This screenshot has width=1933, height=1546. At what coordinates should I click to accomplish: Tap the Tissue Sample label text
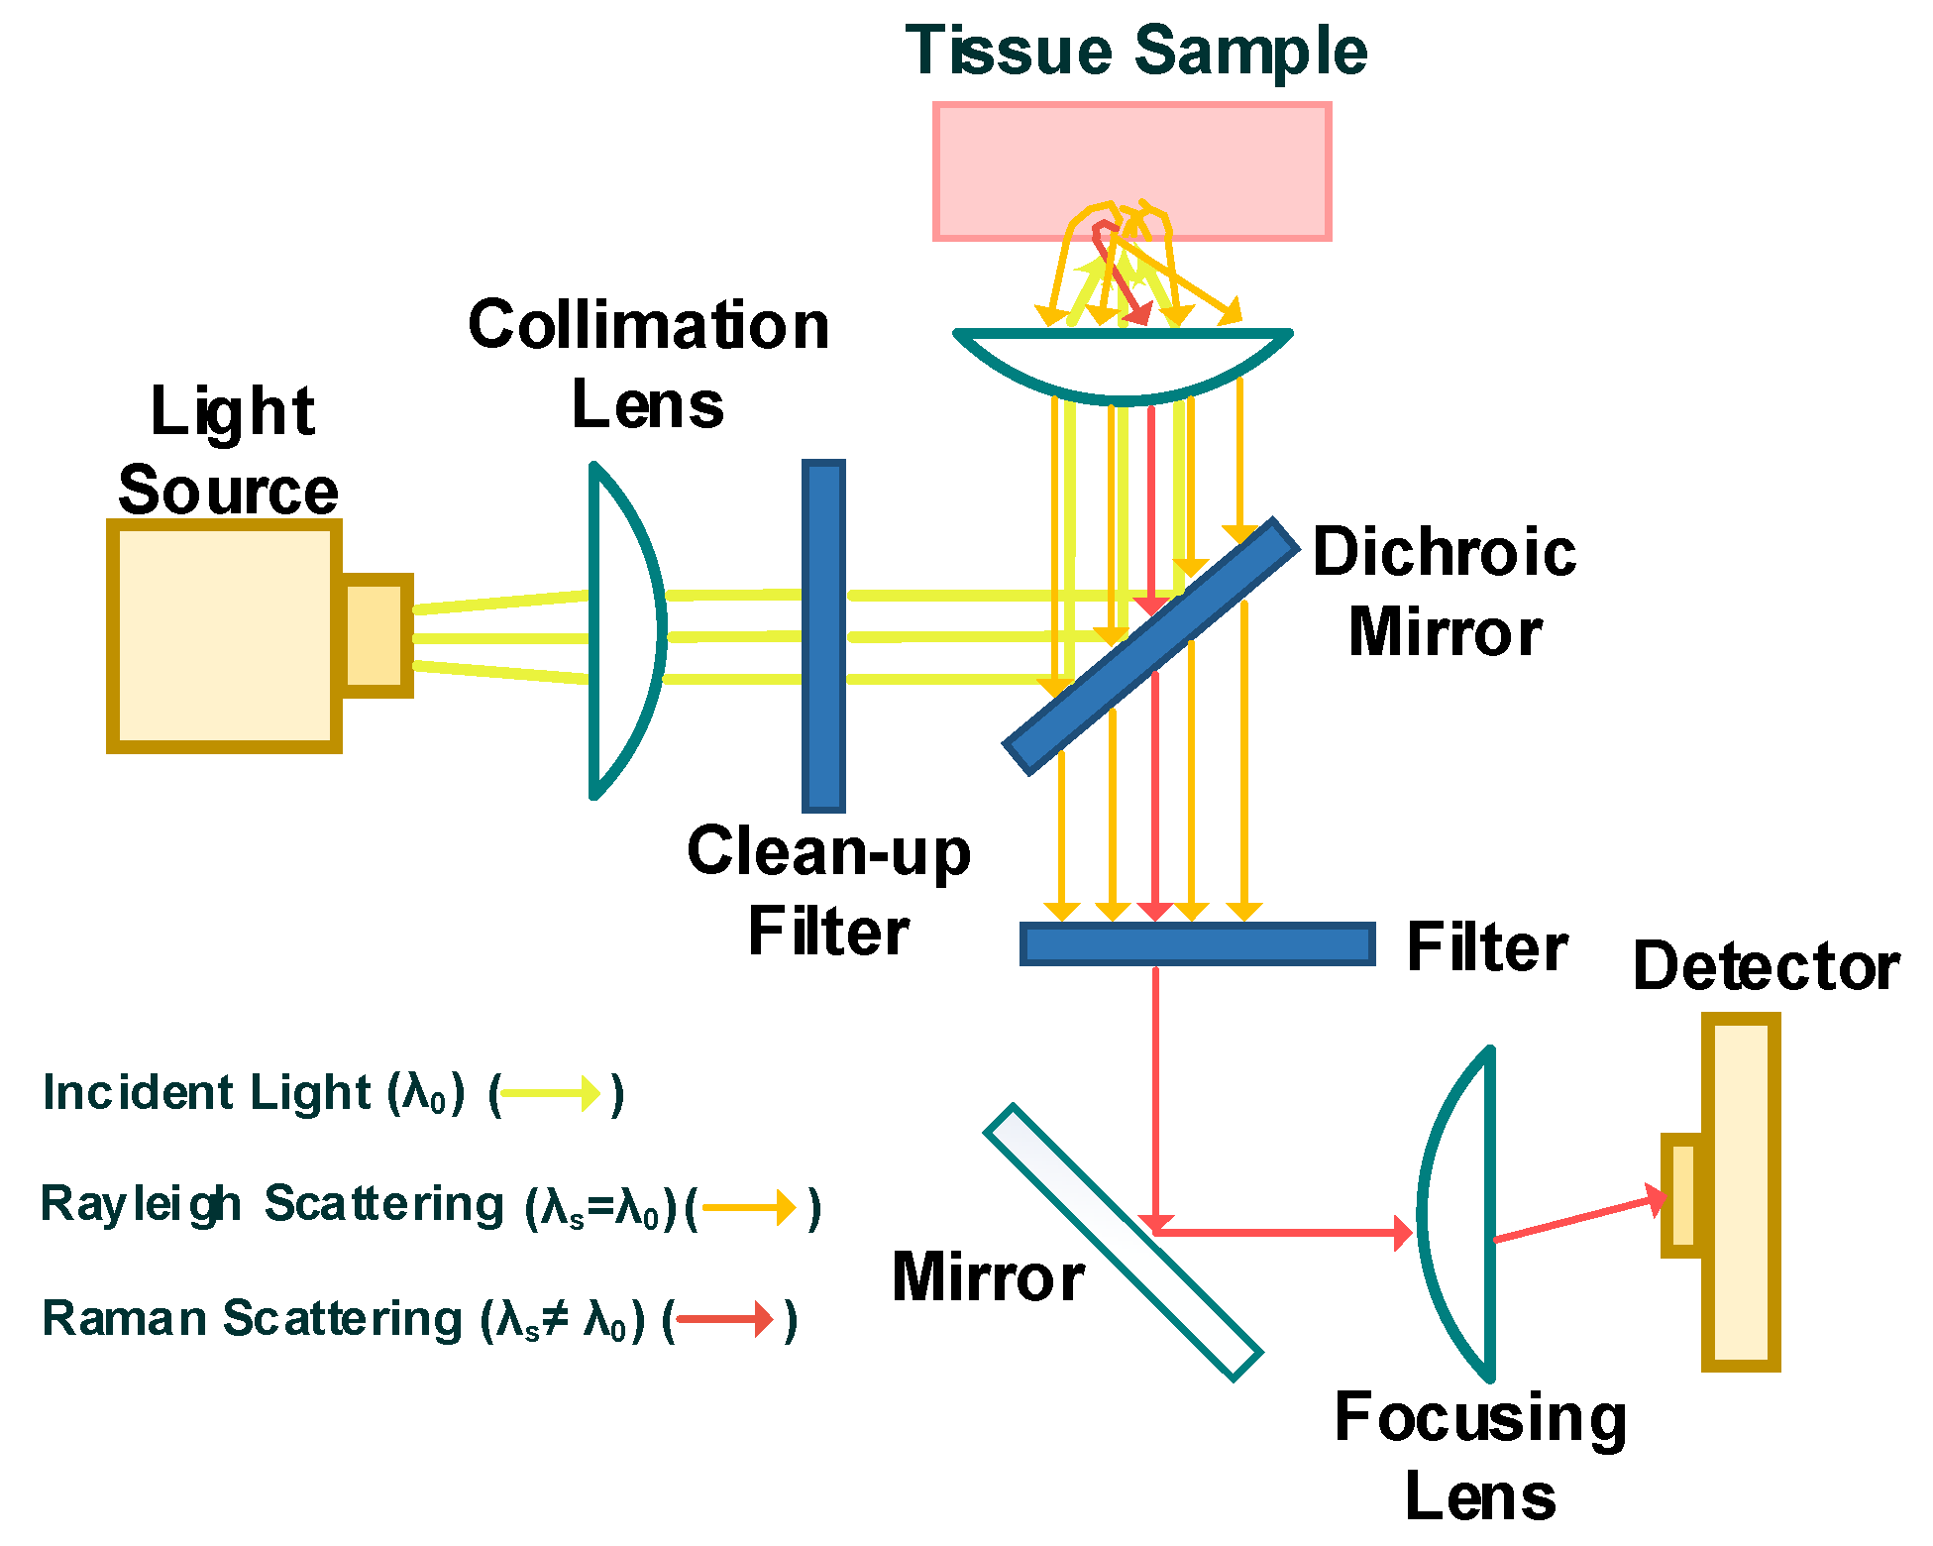click(1135, 51)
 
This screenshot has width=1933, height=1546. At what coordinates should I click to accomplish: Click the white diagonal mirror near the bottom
click(1122, 1242)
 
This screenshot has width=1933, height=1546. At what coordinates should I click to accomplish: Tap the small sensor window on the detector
click(1682, 1195)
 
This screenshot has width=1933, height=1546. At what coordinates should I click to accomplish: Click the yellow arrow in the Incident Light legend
click(551, 1094)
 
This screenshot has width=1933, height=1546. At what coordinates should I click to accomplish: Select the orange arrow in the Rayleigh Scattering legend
click(749, 1208)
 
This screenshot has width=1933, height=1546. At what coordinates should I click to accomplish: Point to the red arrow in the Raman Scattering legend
click(724, 1319)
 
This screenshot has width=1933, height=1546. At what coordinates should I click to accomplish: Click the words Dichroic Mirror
click(1445, 592)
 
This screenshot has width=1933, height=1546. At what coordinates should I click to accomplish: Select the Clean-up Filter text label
click(828, 891)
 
